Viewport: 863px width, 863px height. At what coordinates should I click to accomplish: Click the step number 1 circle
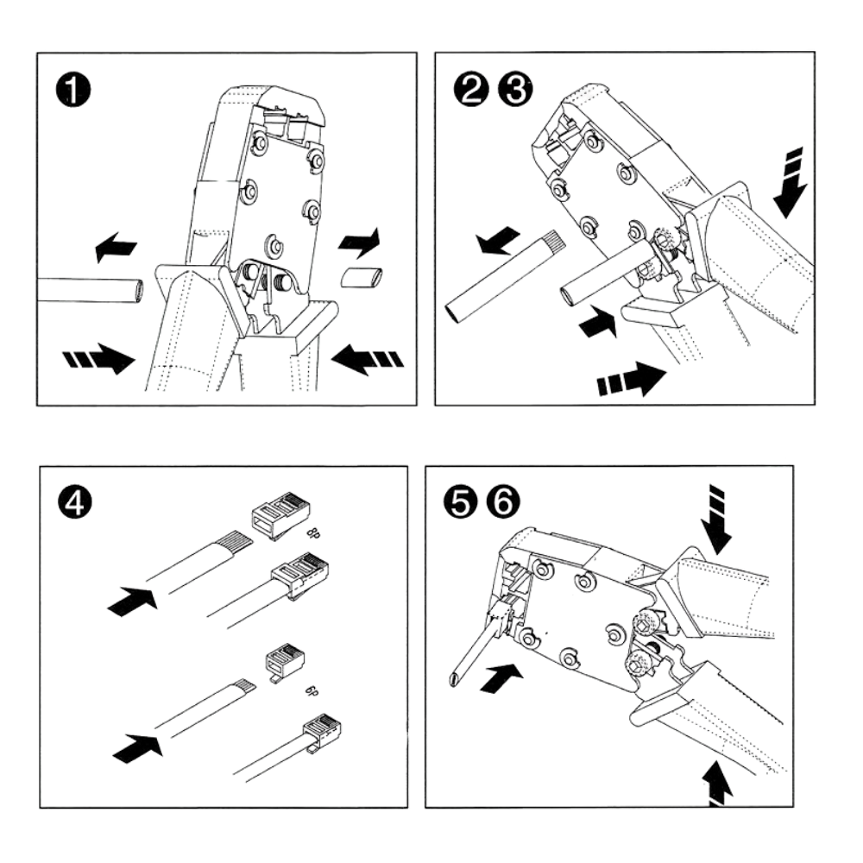pyautogui.click(x=72, y=90)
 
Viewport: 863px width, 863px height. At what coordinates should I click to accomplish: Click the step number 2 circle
pyautogui.click(x=471, y=89)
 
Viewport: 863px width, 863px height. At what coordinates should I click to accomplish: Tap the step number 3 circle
pyautogui.click(x=515, y=89)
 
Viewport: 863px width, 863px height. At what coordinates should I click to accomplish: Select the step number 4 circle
pyautogui.click(x=74, y=502)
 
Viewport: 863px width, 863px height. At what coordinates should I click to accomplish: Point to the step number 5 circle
pyautogui.click(x=461, y=502)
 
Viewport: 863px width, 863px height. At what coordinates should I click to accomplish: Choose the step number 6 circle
pyautogui.click(x=503, y=502)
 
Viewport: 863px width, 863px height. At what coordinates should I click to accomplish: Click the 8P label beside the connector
pyautogui.click(x=314, y=532)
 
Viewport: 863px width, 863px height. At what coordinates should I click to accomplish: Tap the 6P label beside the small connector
pyautogui.click(x=312, y=690)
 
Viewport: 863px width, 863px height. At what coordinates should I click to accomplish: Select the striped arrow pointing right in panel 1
pyautogui.click(x=99, y=358)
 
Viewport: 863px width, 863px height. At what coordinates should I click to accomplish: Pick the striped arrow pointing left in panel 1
pyautogui.click(x=367, y=358)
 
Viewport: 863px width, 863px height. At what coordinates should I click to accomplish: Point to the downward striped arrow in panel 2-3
pyautogui.click(x=791, y=182)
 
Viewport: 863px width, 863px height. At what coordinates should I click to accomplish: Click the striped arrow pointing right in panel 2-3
pyautogui.click(x=632, y=379)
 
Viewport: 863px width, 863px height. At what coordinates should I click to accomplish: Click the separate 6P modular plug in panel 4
pyautogui.click(x=285, y=658)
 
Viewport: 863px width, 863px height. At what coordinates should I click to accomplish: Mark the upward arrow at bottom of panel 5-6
pyautogui.click(x=718, y=784)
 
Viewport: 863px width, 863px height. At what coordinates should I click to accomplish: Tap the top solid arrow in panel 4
pyautogui.click(x=132, y=601)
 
